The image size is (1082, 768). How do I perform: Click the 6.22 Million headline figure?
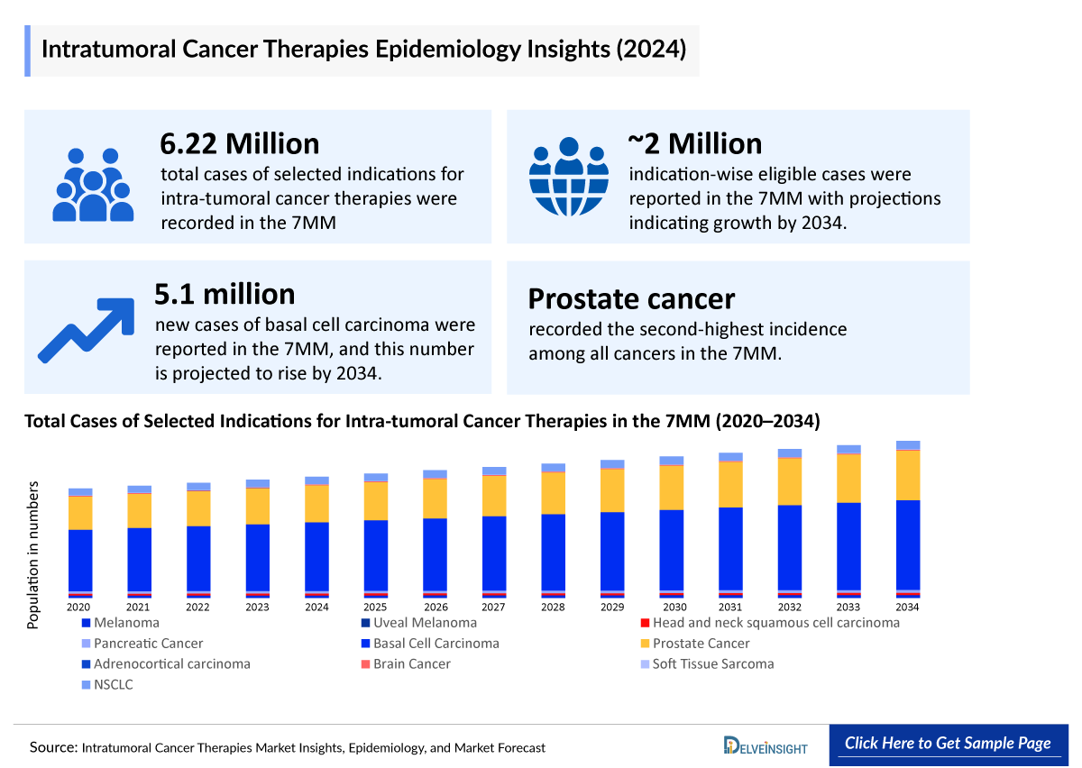pos(240,143)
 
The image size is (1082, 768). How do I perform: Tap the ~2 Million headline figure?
pos(694,143)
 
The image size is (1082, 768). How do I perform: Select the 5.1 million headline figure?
pos(225,295)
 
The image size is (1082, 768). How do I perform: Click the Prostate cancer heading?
pos(631,298)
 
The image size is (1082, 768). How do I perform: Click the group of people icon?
pos(93,185)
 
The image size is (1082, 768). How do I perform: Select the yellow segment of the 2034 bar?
pos(907,475)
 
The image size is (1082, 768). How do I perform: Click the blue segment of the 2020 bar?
pos(80,559)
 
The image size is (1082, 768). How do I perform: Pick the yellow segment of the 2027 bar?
pos(494,496)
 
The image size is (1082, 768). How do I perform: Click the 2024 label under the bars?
pos(316,608)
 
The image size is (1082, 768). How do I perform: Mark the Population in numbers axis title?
pos(33,554)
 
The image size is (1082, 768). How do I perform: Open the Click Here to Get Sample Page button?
pos(948,744)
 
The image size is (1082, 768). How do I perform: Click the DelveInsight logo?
pos(766,745)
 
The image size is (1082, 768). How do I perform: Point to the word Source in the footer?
pos(51,747)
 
